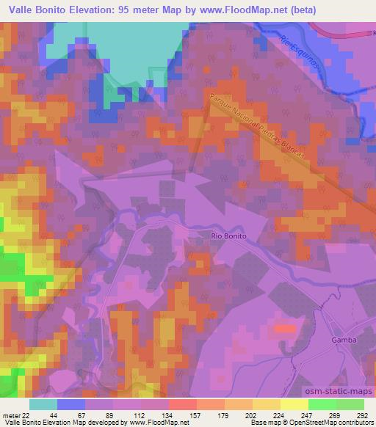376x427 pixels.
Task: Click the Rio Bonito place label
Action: tap(227, 236)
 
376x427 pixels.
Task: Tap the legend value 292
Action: tap(363, 415)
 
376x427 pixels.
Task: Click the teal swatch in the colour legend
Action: tap(43, 404)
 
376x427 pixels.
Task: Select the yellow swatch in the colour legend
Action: tap(294, 404)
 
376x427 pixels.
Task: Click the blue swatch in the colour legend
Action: tap(71, 404)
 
